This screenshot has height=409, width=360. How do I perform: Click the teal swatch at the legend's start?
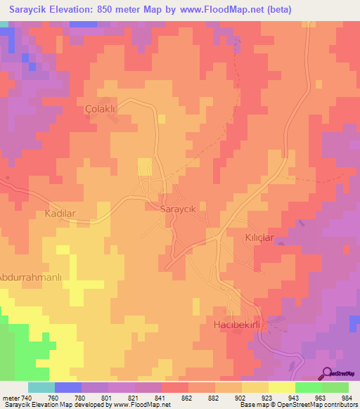click(41, 387)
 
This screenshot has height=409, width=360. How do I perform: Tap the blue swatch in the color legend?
click(68, 387)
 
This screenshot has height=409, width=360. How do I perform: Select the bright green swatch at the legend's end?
click(335, 387)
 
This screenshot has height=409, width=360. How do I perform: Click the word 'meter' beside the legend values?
click(10, 398)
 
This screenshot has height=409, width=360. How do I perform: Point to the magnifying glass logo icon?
click(327, 373)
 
